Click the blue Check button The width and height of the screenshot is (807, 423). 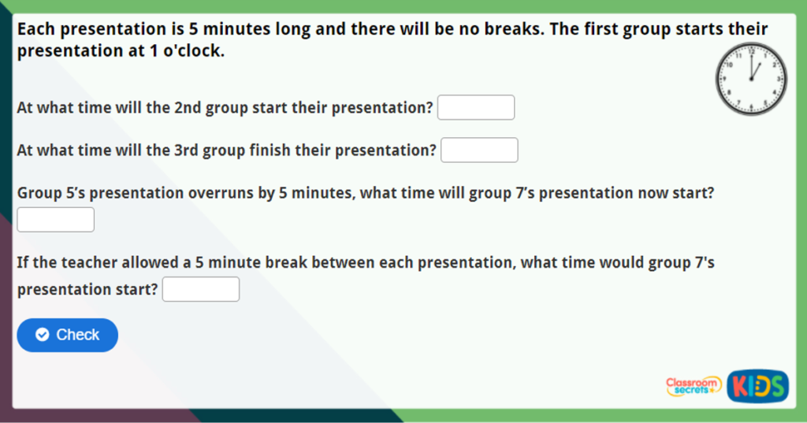click(x=68, y=335)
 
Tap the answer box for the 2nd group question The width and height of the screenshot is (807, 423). click(x=476, y=108)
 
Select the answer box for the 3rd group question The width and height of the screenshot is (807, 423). click(x=479, y=150)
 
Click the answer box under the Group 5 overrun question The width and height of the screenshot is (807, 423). click(x=56, y=220)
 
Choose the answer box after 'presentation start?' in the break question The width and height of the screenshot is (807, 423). click(x=201, y=289)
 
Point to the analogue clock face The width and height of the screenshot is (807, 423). click(x=751, y=79)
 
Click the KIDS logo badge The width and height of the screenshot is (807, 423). click(x=757, y=386)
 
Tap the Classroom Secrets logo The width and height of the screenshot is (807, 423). click(x=694, y=386)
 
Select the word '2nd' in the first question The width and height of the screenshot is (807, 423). click(x=188, y=108)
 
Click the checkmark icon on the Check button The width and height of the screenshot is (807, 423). click(x=43, y=335)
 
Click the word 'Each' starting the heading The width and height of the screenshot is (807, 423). click(x=36, y=29)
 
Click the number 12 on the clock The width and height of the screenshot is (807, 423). click(x=751, y=51)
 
